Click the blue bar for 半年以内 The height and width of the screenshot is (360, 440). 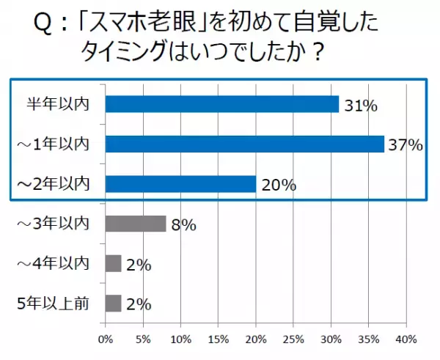tap(221, 104)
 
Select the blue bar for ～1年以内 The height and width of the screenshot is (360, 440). tap(244, 144)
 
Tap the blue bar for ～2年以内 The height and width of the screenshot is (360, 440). tap(180, 184)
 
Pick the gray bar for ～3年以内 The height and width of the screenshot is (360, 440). tap(136, 224)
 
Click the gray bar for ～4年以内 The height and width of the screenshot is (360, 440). tap(113, 263)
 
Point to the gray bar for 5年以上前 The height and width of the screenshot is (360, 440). tap(113, 303)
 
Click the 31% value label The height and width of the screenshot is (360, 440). tap(360, 106)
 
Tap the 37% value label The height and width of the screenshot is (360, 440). tap(406, 146)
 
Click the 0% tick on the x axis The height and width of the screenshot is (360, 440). tap(106, 339)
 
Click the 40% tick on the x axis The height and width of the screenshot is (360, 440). tap(406, 339)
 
